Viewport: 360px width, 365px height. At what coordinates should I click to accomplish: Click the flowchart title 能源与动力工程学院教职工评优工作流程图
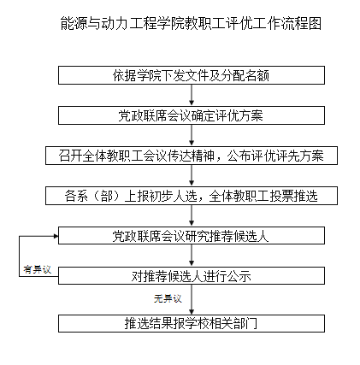(191, 23)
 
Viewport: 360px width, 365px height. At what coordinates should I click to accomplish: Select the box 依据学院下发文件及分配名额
(192, 75)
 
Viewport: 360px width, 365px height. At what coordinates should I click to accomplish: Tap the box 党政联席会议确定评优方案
(192, 115)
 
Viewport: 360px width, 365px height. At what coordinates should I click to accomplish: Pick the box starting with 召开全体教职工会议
(192, 156)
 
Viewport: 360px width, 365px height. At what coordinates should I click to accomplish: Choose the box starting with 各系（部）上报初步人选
(192, 196)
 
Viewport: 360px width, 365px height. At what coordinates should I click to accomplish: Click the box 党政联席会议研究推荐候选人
(192, 236)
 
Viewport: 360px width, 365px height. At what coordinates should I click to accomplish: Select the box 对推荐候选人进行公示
(192, 276)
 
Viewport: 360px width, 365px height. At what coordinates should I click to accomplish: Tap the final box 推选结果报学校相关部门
(192, 323)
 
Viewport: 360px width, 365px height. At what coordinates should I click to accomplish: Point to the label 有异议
(38, 269)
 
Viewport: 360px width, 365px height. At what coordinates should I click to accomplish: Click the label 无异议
(168, 298)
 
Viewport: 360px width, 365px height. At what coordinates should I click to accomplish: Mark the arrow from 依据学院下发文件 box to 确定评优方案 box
(192, 96)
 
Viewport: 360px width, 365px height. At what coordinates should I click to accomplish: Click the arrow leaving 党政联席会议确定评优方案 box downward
(192, 136)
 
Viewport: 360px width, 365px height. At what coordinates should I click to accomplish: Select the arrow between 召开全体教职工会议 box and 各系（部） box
(192, 176)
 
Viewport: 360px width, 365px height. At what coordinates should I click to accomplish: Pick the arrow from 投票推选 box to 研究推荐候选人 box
(192, 215)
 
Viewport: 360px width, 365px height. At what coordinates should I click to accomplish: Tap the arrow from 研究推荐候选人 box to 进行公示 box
(192, 256)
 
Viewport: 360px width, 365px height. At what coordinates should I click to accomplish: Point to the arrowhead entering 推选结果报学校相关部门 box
(192, 311)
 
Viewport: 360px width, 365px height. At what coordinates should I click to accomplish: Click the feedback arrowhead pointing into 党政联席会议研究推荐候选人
(56, 236)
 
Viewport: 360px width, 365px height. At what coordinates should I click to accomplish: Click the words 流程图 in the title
(302, 23)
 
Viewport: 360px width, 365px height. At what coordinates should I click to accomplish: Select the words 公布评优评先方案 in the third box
(275, 156)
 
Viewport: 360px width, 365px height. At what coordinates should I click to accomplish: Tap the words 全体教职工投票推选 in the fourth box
(263, 196)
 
